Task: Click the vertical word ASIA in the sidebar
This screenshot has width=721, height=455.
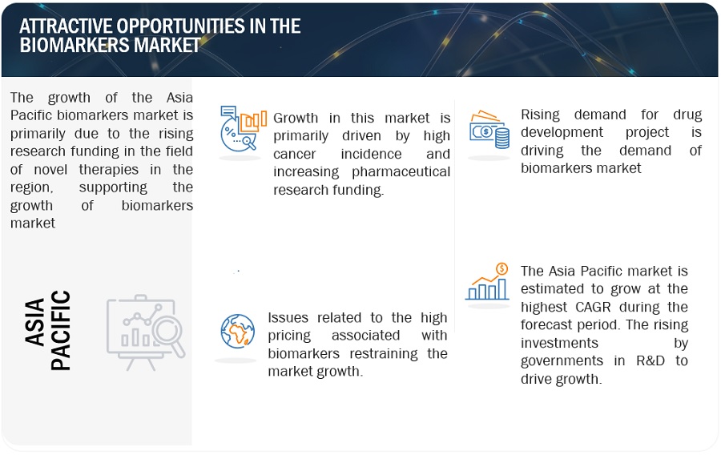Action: pos(35,322)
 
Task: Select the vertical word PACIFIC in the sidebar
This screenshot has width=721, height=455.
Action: pos(61,331)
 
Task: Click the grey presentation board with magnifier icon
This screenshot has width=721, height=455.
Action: pos(146,332)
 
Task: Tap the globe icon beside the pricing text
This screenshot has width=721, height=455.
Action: pos(238,331)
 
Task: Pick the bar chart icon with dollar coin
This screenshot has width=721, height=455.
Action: pos(487,282)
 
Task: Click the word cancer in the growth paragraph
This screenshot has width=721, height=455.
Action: pos(294,154)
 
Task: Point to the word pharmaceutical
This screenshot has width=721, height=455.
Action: pos(401,172)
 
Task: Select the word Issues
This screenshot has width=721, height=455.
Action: pos(288,317)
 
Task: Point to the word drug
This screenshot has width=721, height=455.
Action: pos(687,115)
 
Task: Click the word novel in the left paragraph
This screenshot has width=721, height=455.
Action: pos(50,170)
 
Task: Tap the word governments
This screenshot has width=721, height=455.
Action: pos(562,361)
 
